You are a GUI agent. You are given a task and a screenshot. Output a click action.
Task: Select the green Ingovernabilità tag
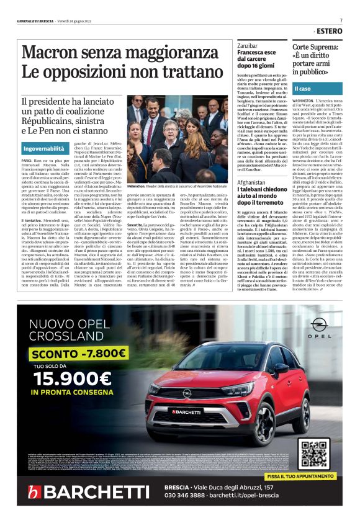(x=43, y=150)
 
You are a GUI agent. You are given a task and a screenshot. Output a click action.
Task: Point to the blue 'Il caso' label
(x=307, y=89)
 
